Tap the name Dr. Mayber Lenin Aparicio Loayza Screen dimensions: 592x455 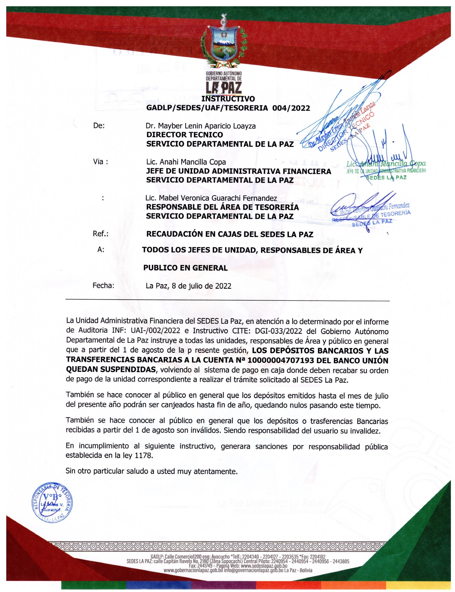(x=200, y=126)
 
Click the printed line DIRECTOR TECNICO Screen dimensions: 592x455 (x=184, y=135)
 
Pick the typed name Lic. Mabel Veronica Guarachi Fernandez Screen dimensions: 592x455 (x=211, y=198)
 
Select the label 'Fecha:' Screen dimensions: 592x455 (x=103, y=285)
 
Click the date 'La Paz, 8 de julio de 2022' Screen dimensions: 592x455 (x=188, y=286)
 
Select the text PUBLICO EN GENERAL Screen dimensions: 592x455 (x=185, y=268)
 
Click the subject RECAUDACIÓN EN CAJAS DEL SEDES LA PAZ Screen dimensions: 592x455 (x=230, y=234)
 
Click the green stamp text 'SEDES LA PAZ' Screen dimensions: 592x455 (x=387, y=178)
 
